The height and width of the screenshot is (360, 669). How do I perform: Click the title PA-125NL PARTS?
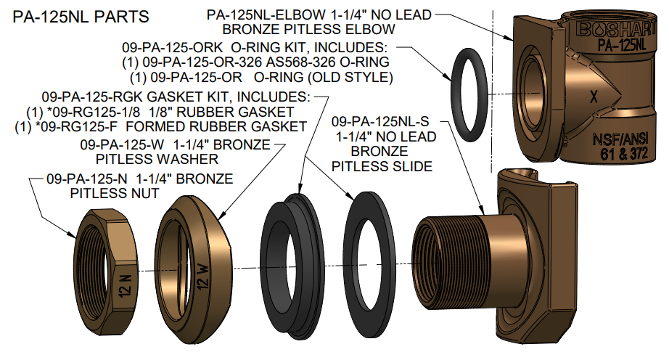click(x=81, y=15)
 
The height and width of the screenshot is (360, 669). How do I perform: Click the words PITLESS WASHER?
click(x=157, y=158)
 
